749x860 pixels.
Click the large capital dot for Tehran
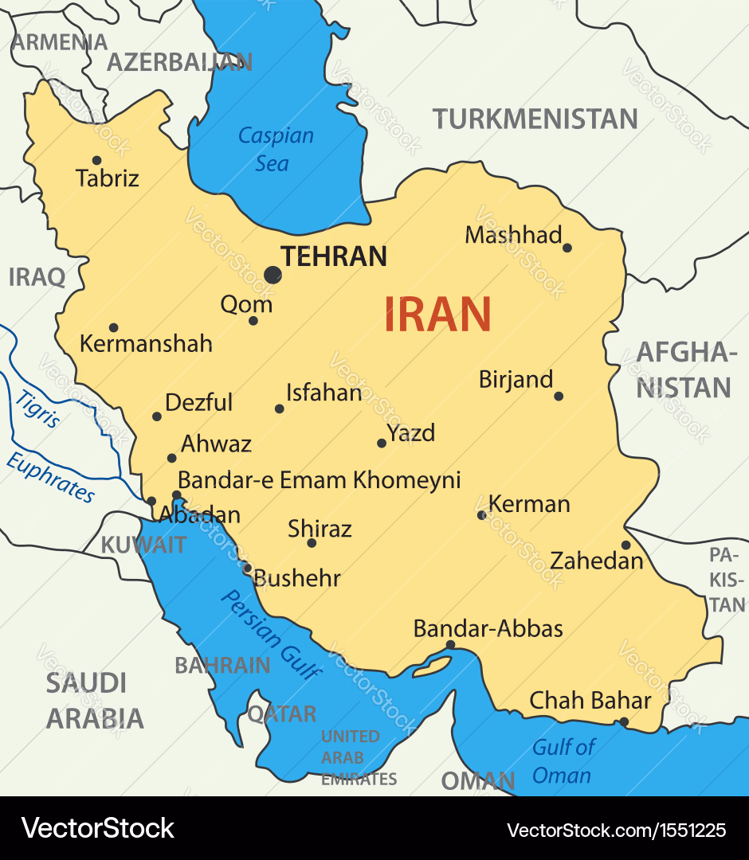coord(273,275)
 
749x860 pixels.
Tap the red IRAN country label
coord(437,314)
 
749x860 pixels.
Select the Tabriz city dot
coord(96,160)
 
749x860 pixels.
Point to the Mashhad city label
coord(513,235)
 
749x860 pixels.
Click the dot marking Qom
coord(253,321)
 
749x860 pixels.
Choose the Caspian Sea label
coord(275,150)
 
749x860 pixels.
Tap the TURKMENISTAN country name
coord(535,119)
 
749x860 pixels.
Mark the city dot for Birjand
coord(559,396)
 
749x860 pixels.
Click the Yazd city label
coord(411,433)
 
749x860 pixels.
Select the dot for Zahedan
coord(626,545)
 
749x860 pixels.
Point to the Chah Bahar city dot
coord(624,722)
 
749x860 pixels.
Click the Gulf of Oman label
coord(563,760)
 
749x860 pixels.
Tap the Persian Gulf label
coord(271,634)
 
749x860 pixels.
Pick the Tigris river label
coord(37,409)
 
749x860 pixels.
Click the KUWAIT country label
coord(143,545)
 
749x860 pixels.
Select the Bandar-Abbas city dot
coord(450,645)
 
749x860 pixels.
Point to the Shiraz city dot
coord(312,543)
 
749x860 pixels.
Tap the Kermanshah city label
coord(146,343)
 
